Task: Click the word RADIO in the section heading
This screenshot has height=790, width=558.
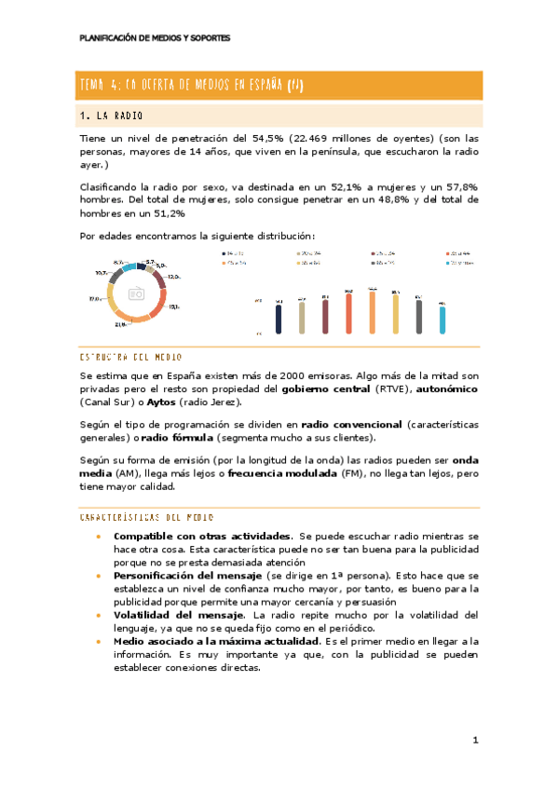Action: [130, 116]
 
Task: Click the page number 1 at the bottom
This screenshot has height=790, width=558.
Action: [474, 741]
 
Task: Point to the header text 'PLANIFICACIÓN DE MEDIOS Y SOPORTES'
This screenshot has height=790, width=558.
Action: [155, 38]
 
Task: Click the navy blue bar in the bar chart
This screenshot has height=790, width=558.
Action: [279, 316]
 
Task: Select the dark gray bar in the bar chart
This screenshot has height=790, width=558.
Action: [419, 316]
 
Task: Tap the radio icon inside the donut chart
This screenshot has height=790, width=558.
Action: [137, 293]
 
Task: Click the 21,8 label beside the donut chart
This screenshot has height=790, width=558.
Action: [121, 324]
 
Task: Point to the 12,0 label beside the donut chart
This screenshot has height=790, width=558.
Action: [173, 277]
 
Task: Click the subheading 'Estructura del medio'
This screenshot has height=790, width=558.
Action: [131, 357]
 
